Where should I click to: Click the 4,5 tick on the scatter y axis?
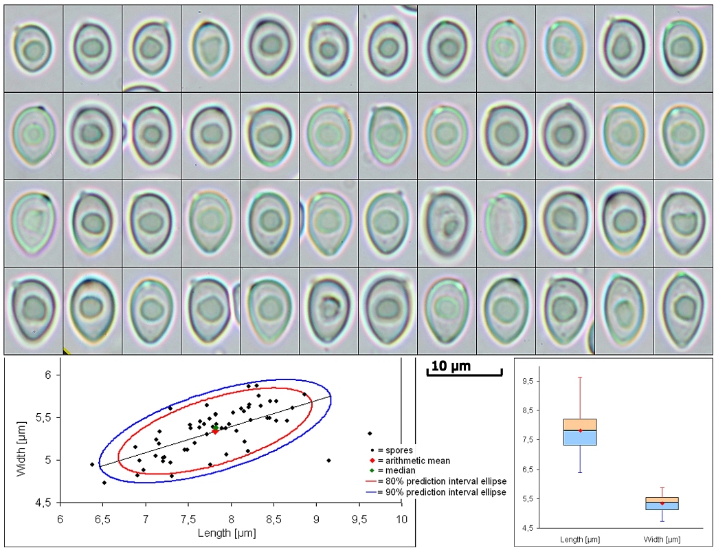click(x=43, y=503)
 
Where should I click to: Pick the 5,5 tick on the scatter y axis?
click(x=43, y=418)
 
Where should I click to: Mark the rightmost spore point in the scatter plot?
click(x=370, y=433)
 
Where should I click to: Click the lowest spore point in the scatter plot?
click(x=104, y=483)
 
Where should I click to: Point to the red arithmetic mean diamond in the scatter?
click(x=215, y=431)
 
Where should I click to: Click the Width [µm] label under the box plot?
click(x=662, y=538)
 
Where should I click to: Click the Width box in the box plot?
click(x=662, y=504)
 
